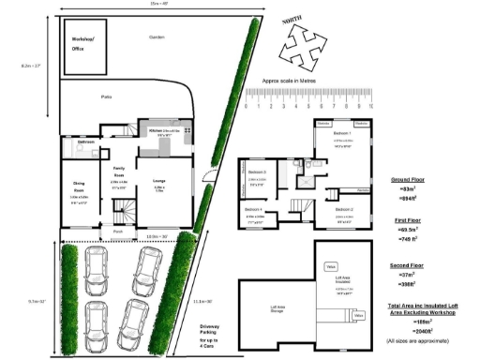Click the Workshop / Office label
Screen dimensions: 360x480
[x=83, y=43]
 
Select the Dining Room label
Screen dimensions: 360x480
[x=79, y=193]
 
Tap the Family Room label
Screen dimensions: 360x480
[x=119, y=172]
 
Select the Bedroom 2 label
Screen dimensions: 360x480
[x=344, y=209]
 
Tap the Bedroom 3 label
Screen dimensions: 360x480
[x=257, y=172]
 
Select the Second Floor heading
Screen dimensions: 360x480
[x=410, y=266]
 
